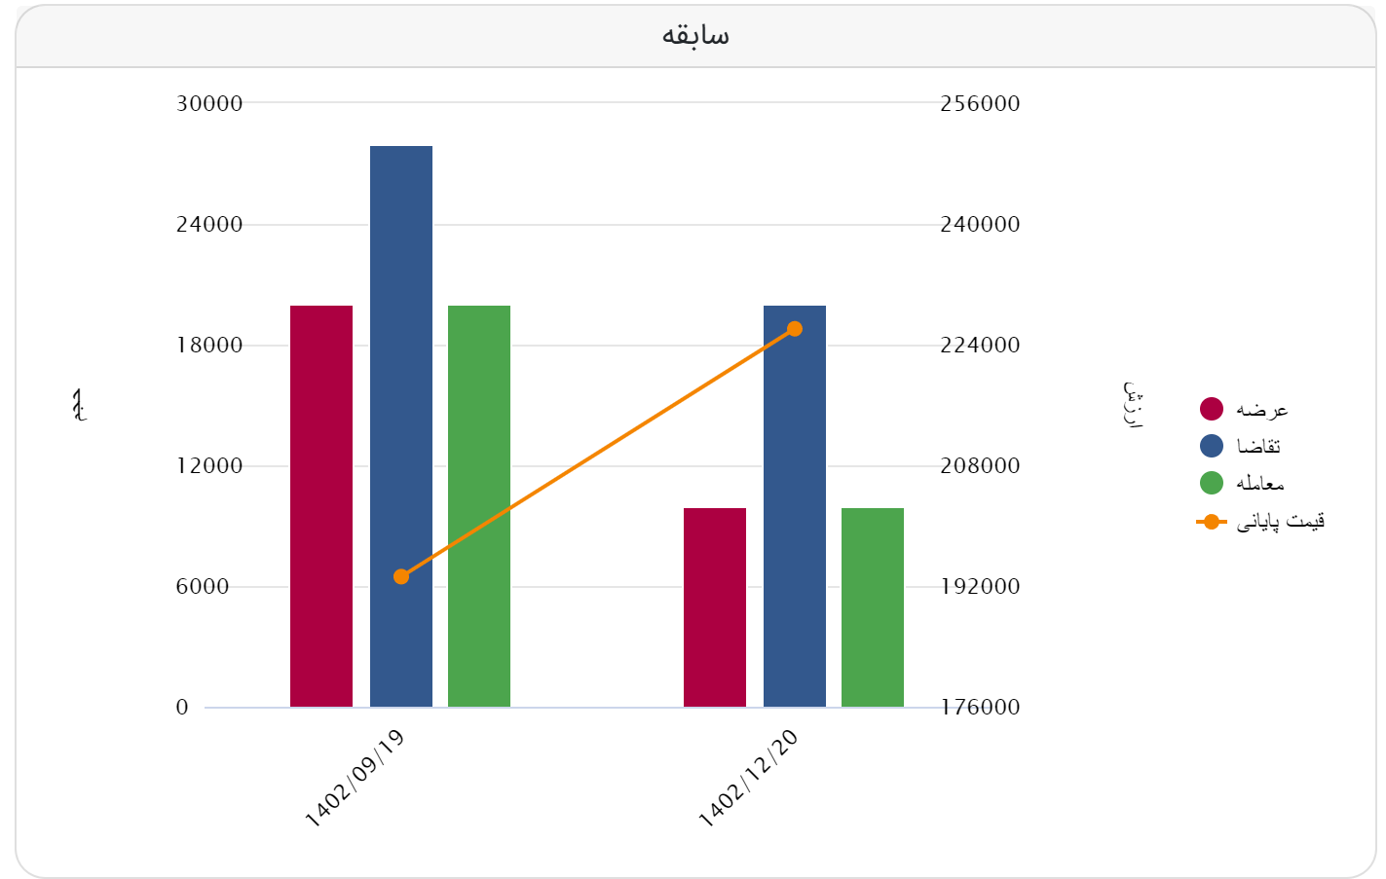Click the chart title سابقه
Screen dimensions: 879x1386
click(695, 36)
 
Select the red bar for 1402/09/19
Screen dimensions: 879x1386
click(321, 506)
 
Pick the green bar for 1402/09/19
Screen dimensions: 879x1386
click(479, 506)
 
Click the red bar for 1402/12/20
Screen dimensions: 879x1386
click(715, 607)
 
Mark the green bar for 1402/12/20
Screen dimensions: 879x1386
click(873, 607)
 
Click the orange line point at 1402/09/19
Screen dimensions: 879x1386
click(401, 577)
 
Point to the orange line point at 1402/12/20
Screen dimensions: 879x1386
click(795, 329)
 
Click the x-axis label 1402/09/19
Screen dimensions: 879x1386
click(356, 779)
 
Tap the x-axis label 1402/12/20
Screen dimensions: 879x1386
click(749, 779)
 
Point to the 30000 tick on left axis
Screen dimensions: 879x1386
click(209, 103)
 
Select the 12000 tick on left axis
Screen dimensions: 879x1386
click(209, 465)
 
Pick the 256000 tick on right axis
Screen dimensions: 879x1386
click(980, 103)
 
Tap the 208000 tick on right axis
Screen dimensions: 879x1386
click(980, 465)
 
